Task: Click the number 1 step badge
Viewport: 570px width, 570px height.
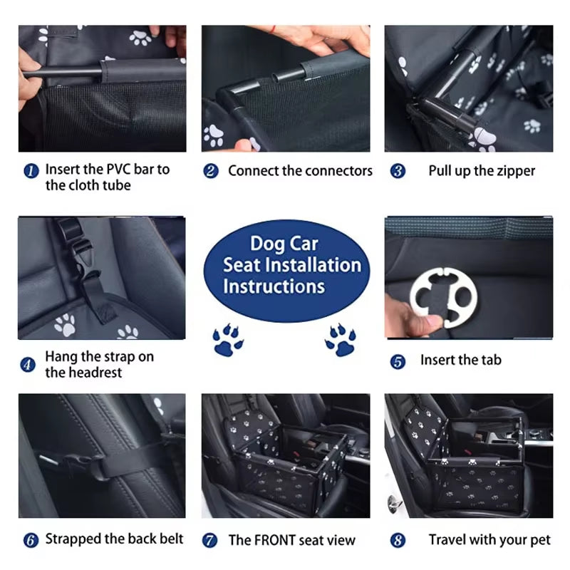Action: (30, 171)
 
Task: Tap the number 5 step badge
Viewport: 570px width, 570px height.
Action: (398, 361)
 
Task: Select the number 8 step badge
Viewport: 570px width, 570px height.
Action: (398, 540)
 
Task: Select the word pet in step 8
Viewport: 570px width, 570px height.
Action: (539, 540)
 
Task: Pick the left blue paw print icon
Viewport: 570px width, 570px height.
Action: (227, 341)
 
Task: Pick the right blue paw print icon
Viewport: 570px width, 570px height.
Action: (340, 341)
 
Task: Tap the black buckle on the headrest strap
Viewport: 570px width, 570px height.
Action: (79, 254)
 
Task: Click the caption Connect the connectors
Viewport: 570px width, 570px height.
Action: (300, 171)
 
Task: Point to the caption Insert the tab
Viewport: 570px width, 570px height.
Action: (460, 361)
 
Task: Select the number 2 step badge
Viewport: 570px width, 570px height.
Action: (211, 171)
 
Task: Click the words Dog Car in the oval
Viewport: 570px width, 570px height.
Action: (284, 244)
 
